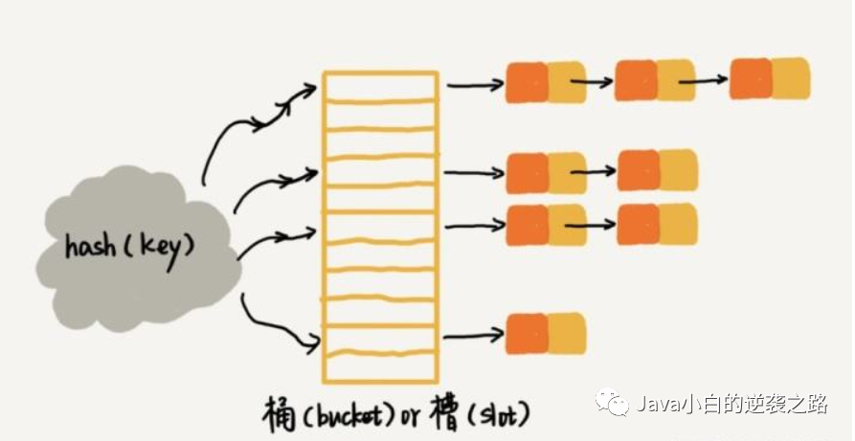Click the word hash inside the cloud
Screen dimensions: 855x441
click(x=91, y=247)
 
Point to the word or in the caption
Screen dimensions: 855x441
click(x=410, y=420)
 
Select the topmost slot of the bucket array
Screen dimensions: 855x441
click(x=381, y=86)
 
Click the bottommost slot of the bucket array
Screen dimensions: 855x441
click(x=381, y=368)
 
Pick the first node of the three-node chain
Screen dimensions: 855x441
click(x=546, y=82)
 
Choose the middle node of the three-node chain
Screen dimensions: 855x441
click(x=655, y=80)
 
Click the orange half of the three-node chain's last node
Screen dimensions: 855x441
click(x=751, y=78)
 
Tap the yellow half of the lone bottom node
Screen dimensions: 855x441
click(x=567, y=333)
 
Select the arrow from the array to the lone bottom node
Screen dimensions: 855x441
click(x=473, y=335)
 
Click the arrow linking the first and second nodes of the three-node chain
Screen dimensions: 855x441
click(x=592, y=82)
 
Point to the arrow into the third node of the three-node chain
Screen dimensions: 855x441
click(x=703, y=80)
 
